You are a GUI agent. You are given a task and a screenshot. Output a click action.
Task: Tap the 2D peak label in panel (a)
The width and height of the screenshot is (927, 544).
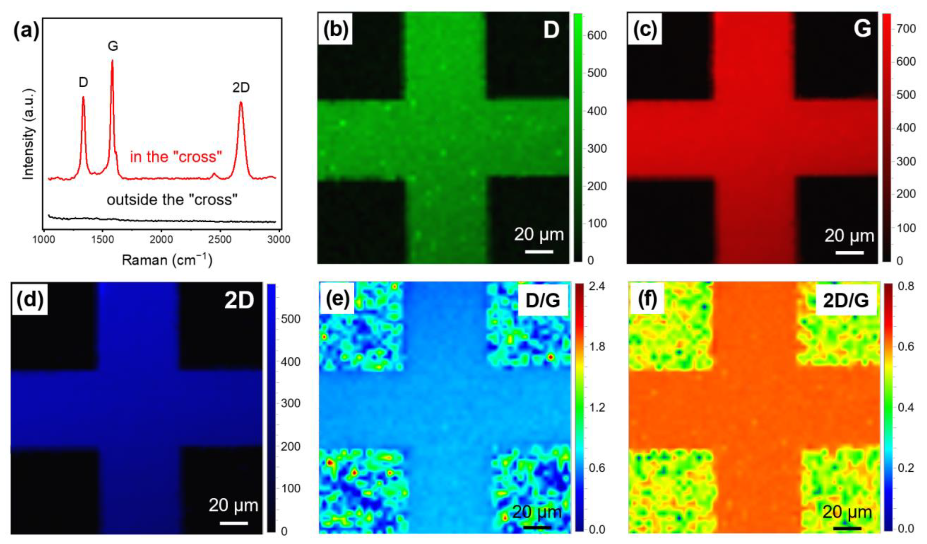(241, 88)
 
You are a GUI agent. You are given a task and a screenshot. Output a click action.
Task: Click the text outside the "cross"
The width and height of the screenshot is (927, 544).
(172, 200)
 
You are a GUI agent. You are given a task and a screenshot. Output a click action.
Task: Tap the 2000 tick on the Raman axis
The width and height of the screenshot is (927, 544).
(161, 240)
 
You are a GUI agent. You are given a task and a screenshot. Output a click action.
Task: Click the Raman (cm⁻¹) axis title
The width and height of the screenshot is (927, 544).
(167, 260)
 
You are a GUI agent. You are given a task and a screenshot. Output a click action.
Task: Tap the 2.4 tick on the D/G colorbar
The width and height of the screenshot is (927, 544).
(597, 286)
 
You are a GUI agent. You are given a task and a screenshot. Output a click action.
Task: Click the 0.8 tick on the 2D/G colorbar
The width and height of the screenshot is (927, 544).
(906, 286)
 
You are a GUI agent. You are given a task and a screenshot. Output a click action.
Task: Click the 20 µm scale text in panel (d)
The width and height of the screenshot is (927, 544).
(233, 505)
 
